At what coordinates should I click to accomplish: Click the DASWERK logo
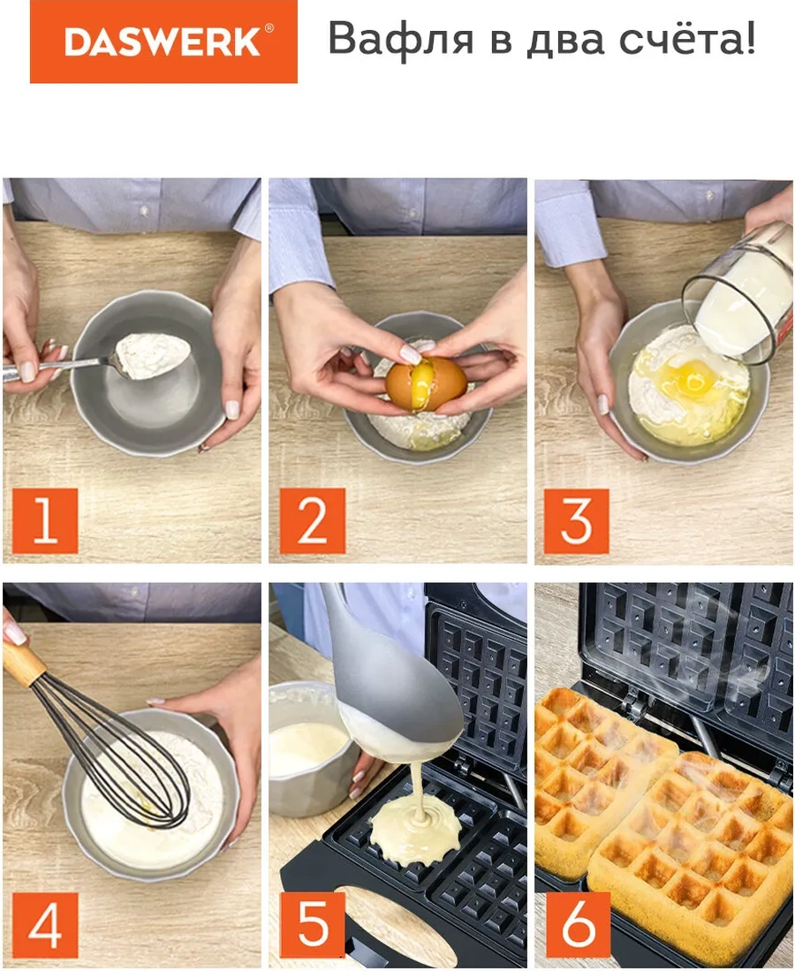click(x=163, y=42)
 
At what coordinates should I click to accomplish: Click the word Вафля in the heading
click(x=396, y=40)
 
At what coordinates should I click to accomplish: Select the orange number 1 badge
click(x=45, y=520)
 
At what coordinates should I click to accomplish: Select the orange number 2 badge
click(x=312, y=520)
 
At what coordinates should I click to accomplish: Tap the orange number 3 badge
click(x=576, y=520)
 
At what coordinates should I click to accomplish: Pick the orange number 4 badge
click(x=45, y=925)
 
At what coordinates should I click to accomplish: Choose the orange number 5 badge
click(x=312, y=925)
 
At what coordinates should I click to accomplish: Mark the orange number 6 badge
click(x=576, y=925)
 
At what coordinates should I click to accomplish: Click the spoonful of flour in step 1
click(x=155, y=354)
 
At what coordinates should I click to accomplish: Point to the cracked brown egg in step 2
click(x=427, y=383)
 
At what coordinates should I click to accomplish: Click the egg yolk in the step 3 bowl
click(x=690, y=378)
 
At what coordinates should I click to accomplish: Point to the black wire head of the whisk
click(x=132, y=760)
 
